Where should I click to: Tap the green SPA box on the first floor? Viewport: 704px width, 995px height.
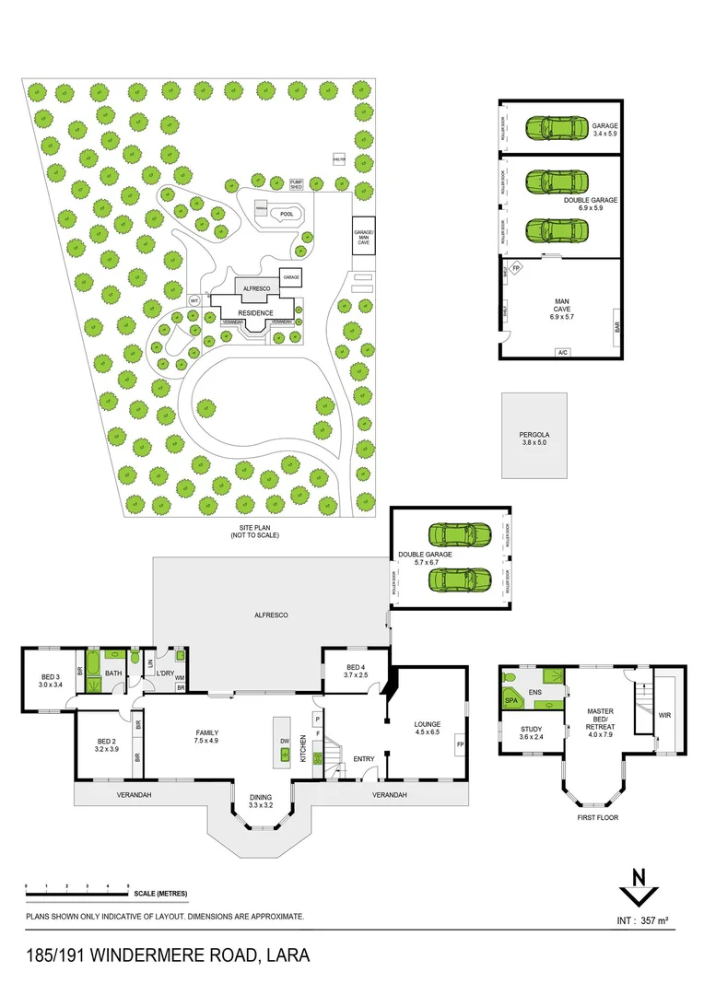point(510,701)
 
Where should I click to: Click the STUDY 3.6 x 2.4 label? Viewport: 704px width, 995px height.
point(530,732)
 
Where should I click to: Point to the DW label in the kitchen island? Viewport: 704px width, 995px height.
point(284,741)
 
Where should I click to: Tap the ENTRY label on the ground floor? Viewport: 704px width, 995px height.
point(365,759)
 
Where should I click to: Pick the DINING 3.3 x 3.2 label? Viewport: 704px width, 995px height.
point(261,802)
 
